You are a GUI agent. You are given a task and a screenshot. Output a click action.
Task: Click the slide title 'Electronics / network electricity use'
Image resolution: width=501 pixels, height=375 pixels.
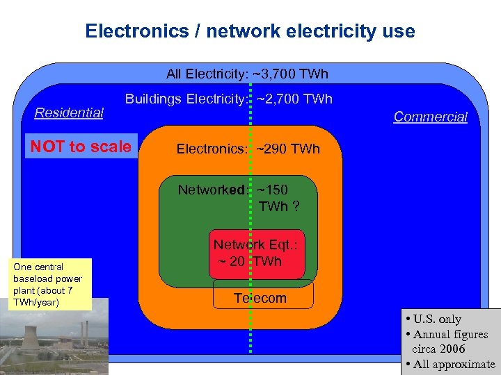(250, 31)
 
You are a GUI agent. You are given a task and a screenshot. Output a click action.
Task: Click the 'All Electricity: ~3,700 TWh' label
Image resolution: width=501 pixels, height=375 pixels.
(247, 74)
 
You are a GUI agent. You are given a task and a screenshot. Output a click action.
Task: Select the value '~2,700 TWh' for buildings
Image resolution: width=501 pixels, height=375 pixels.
(295, 99)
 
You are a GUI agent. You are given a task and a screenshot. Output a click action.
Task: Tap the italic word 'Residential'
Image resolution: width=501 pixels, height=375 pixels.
(69, 112)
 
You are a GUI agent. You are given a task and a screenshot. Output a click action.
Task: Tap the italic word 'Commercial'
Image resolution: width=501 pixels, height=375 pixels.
(430, 117)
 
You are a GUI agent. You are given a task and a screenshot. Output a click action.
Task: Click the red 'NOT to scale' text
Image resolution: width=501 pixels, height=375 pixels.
(81, 147)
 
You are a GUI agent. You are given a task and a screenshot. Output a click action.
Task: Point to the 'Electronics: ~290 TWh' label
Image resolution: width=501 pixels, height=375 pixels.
(248, 149)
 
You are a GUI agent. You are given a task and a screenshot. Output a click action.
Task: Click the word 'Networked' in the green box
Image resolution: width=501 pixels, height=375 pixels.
(211, 190)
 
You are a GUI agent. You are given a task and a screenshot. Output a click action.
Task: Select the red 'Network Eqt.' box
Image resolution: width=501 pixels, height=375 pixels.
(259, 253)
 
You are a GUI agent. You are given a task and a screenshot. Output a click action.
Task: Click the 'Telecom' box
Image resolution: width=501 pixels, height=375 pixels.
(260, 298)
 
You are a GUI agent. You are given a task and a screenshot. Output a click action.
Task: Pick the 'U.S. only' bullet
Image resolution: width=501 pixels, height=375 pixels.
(436, 319)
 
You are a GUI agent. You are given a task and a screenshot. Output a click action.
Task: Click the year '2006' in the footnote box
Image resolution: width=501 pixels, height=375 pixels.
(452, 349)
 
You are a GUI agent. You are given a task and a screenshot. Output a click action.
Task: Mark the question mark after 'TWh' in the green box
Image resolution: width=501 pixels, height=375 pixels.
(296, 206)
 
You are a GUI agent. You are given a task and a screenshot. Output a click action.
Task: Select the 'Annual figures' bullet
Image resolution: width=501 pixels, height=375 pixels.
(450, 335)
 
